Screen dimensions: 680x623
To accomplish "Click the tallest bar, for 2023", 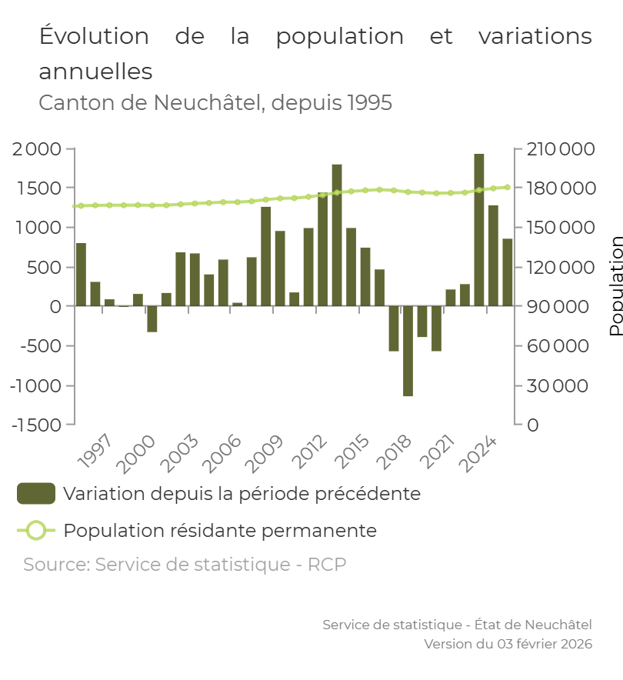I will (x=479, y=230).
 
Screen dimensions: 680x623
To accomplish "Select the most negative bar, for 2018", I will (x=408, y=351).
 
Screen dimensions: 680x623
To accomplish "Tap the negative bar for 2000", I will (x=152, y=318).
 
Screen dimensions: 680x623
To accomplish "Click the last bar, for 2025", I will (x=508, y=272).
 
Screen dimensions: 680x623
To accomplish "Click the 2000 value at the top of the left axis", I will (x=37, y=149).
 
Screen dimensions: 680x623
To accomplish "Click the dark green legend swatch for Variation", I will (x=36, y=494).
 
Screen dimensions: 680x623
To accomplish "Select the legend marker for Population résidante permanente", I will (x=36, y=531).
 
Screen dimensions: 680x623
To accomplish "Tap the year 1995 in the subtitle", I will (x=369, y=103).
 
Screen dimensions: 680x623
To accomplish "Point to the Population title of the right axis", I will (x=616, y=285).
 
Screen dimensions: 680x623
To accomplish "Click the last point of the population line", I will (x=508, y=187).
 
